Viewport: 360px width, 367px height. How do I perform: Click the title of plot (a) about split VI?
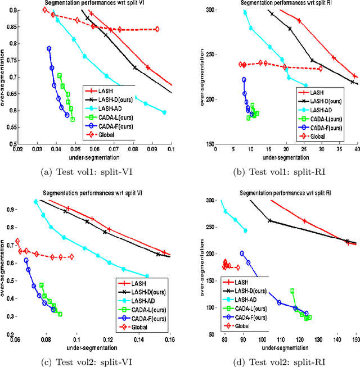94,4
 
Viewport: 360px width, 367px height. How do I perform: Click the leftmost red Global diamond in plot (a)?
46,10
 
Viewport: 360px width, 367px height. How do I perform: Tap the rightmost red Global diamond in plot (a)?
156,29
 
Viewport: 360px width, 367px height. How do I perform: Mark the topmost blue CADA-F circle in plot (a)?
49,49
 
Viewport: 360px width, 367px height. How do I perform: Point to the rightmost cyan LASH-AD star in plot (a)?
164,112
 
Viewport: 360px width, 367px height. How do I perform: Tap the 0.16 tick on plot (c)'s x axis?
169,341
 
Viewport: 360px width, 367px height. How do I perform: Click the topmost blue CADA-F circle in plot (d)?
242,253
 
